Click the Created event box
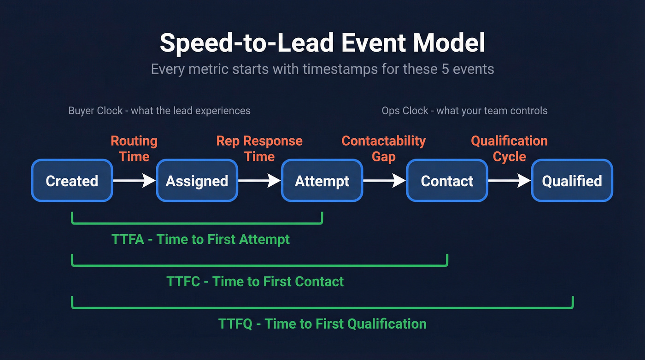tap(72, 181)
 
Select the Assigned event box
tap(197, 181)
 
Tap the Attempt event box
tap(322, 181)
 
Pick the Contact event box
tap(447, 181)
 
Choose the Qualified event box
tap(572, 181)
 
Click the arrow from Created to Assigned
tap(135, 181)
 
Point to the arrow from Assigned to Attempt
tap(259, 181)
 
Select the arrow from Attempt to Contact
tap(384, 181)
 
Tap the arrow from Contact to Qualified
tap(509, 181)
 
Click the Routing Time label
tap(134, 148)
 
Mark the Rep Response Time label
tap(259, 148)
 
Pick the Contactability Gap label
tap(384, 148)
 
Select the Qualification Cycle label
tap(509, 148)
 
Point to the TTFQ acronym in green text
tap(235, 324)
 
